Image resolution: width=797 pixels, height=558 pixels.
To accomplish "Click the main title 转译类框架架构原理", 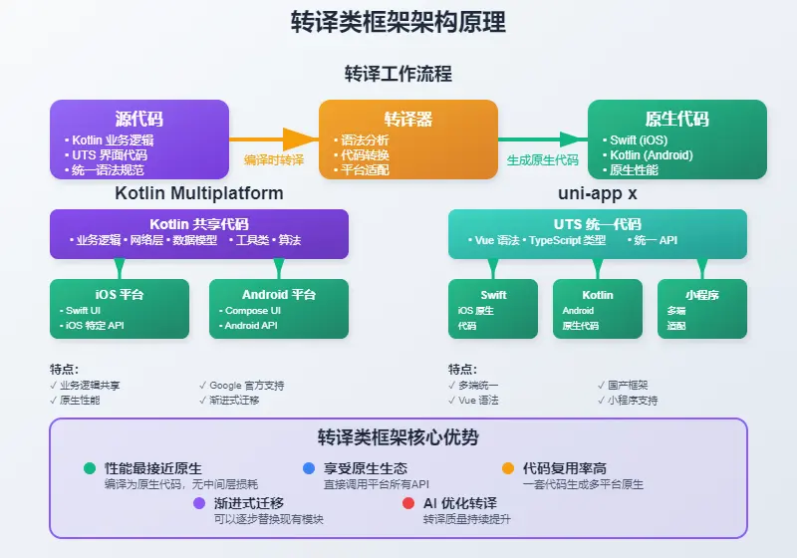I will click(x=398, y=22).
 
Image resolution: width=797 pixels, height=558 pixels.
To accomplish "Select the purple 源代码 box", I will click(x=139, y=139).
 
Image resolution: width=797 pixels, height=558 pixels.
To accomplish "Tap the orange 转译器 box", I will click(x=407, y=139).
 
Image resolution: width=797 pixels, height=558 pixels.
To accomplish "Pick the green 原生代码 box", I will click(x=676, y=139).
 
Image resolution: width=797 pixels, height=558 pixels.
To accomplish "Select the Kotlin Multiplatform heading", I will click(x=199, y=192).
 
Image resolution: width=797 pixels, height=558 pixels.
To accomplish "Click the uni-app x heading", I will click(x=597, y=192).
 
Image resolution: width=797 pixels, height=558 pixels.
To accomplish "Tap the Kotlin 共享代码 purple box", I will click(x=199, y=234).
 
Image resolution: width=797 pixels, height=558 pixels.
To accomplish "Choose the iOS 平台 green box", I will click(x=120, y=309).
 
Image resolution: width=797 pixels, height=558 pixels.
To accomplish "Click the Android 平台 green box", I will click(x=279, y=309).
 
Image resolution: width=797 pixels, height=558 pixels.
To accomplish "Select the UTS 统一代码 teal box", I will click(x=597, y=234).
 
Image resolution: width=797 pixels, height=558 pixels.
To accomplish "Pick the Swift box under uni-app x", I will click(x=493, y=309).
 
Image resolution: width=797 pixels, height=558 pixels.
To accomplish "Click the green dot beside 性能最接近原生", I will click(x=90, y=468).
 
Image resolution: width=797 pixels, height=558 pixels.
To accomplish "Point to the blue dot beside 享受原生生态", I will click(x=308, y=468).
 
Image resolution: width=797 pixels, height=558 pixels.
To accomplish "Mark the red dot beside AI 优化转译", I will click(x=408, y=503).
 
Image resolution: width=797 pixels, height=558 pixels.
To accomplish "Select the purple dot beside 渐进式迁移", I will click(x=199, y=503).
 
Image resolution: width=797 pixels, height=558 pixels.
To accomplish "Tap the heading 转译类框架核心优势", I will click(x=398, y=437).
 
